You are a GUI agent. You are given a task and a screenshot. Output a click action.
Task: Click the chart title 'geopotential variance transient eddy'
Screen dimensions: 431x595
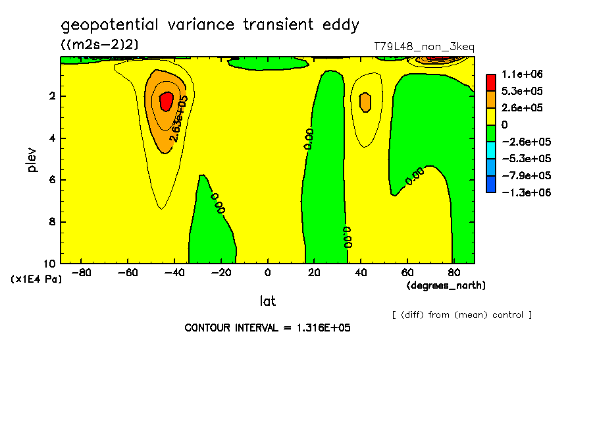[x=210, y=25]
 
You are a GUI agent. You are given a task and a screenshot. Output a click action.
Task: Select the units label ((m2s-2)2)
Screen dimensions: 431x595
[x=99, y=45]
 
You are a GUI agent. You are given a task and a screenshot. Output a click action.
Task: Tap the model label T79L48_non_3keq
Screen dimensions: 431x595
[x=424, y=47]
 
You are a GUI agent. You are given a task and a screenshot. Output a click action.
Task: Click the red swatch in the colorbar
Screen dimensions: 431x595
[x=491, y=82]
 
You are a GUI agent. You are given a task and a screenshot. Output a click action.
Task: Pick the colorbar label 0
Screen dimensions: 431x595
[x=505, y=125]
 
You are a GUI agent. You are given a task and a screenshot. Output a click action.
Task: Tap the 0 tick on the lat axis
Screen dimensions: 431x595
[x=267, y=272]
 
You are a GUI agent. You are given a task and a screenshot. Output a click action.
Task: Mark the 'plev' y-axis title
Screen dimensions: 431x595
[x=33, y=160]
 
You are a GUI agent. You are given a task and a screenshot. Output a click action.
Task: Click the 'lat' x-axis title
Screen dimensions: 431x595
[x=267, y=301]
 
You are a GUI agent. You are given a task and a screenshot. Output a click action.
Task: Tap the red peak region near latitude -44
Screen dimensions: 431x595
[x=166, y=101]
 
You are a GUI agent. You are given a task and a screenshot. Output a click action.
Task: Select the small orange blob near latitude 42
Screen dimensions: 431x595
[x=365, y=101]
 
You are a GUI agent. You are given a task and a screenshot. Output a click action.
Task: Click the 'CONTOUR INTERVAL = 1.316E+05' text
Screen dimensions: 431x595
[x=267, y=328]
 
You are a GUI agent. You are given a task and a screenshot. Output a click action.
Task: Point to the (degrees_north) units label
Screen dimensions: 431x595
[x=446, y=285]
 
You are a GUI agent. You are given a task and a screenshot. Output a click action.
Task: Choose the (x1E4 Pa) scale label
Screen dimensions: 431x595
[x=36, y=279]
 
